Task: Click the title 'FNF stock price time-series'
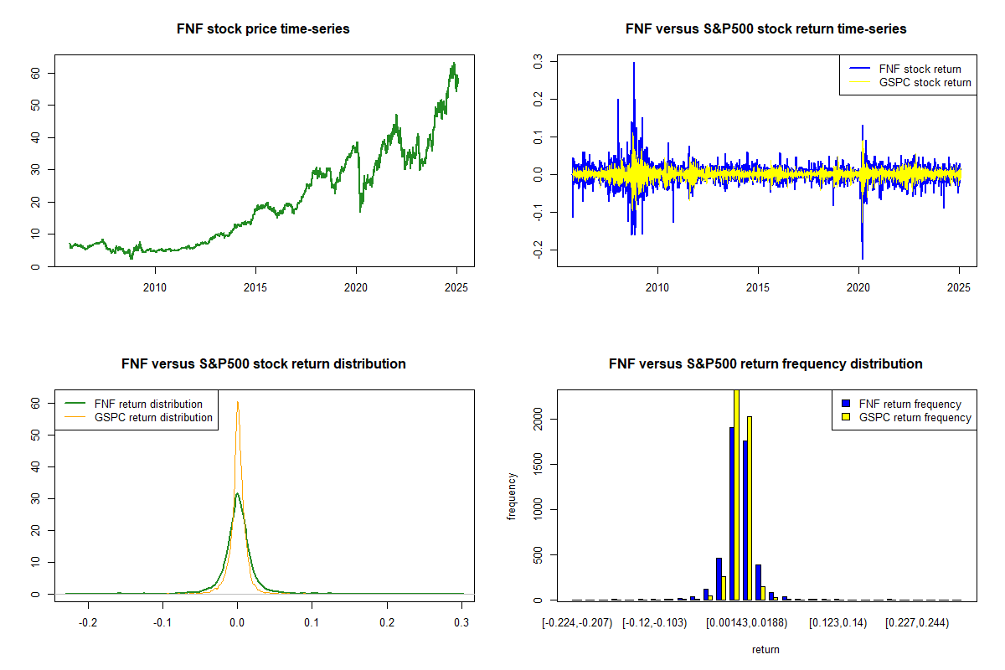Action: [x=263, y=28]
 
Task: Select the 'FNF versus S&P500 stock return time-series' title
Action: [x=765, y=28]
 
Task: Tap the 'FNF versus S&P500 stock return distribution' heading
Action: [x=263, y=363]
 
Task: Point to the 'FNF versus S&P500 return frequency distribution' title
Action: [x=765, y=363]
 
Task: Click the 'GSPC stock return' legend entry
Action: [x=925, y=82]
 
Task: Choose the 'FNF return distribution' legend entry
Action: [x=148, y=404]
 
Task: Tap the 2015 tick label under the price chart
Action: [x=255, y=287]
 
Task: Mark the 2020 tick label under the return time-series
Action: [x=858, y=287]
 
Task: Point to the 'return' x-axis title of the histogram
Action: [x=765, y=649]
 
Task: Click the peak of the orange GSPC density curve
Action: [x=238, y=402]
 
